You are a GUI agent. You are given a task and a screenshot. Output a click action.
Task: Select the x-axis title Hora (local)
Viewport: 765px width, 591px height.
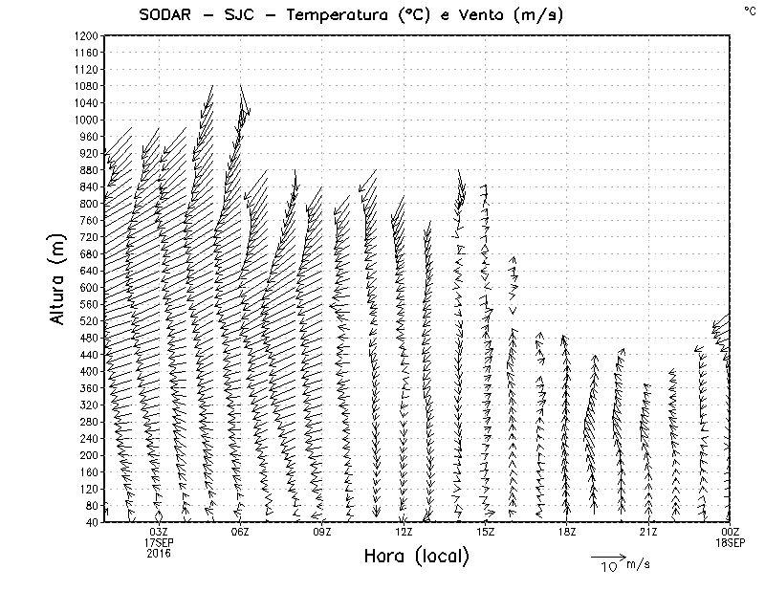[416, 556]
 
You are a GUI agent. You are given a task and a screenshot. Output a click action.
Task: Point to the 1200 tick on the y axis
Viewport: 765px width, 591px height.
[85, 35]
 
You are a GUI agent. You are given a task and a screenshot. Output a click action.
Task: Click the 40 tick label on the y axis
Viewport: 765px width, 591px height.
[91, 522]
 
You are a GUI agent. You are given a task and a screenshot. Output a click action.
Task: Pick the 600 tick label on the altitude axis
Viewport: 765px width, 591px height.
[88, 287]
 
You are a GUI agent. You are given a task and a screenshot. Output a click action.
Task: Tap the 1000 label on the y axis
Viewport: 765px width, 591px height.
[85, 120]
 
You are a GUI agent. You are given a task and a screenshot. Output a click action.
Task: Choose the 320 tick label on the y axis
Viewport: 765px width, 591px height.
[88, 405]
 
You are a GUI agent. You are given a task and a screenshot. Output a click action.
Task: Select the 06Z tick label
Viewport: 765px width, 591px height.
[240, 532]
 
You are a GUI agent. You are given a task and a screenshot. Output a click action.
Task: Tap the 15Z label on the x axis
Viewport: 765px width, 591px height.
[486, 532]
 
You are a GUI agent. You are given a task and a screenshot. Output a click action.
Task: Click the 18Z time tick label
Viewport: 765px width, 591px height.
[567, 532]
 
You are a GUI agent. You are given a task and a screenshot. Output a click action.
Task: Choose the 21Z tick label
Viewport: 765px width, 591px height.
[649, 532]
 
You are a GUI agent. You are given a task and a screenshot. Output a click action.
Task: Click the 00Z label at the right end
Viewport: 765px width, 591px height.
[731, 532]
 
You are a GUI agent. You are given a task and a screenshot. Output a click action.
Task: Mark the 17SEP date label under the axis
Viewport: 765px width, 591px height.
[159, 542]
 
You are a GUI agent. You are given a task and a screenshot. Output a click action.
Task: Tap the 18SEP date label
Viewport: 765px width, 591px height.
[731, 542]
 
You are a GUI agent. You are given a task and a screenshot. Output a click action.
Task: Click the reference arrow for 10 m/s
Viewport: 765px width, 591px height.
[608, 556]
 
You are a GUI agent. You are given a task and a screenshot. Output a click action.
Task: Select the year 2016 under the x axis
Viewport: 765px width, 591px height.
[159, 553]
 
